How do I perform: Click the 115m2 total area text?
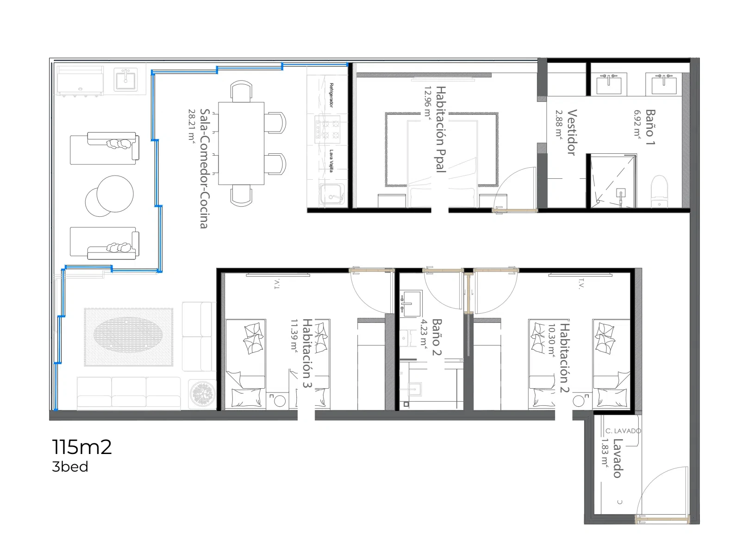pyautogui.click(x=81, y=447)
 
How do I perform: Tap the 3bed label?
pyautogui.click(x=70, y=467)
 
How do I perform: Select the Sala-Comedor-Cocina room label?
pyautogui.click(x=204, y=169)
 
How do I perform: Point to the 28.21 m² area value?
pyautogui.click(x=192, y=126)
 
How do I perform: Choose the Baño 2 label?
pyautogui.click(x=437, y=337)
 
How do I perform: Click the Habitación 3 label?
pyautogui.click(x=307, y=353)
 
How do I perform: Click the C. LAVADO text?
pyautogui.click(x=623, y=431)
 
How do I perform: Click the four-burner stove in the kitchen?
pyautogui.click(x=327, y=127)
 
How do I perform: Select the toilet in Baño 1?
pyautogui.click(x=659, y=191)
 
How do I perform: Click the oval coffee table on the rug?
pyautogui.click(x=128, y=334)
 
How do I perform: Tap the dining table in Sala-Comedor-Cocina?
pyautogui.click(x=241, y=143)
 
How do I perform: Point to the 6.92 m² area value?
pyautogui.click(x=637, y=124)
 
